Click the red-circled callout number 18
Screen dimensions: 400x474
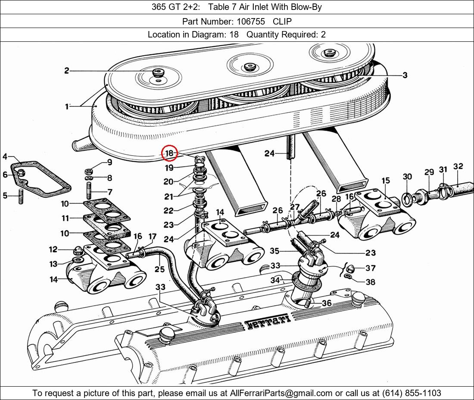pos(169,153)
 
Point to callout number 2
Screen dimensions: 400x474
pos(67,71)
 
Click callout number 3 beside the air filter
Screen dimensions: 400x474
pos(405,75)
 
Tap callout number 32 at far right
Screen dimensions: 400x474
pos(458,166)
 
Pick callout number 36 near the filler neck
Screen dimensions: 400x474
pos(327,303)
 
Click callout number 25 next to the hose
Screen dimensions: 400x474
pos(159,270)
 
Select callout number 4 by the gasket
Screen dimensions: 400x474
pos(5,156)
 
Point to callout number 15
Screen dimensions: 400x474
pos(385,180)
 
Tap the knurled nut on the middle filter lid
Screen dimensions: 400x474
pos(249,67)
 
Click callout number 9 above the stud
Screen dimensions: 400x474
pos(109,162)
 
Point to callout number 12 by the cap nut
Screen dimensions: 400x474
pos(53,249)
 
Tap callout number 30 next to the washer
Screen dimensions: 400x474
pos(407,176)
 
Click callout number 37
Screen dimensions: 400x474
pos(370,268)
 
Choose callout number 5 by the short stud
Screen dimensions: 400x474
pos(5,196)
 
